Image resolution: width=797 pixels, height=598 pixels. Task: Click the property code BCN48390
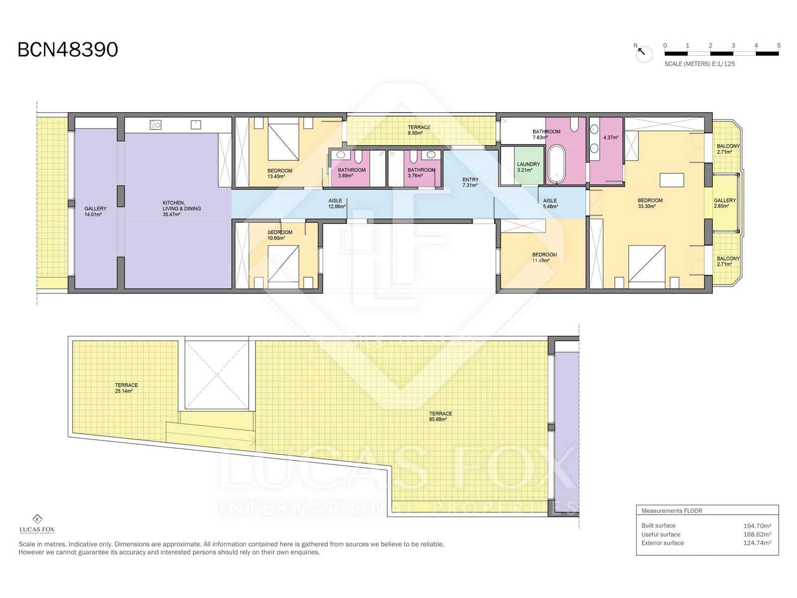click(x=68, y=50)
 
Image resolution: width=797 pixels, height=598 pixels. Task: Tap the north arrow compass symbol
click(x=644, y=52)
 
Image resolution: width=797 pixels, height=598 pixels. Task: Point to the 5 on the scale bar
click(x=779, y=45)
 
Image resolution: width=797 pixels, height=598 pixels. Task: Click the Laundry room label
click(x=528, y=167)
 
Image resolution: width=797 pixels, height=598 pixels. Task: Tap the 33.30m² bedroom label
click(x=650, y=203)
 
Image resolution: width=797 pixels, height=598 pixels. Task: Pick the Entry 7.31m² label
click(x=470, y=182)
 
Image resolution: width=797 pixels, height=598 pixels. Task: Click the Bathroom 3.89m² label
click(x=352, y=172)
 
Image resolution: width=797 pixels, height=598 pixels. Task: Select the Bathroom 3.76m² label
click(x=421, y=172)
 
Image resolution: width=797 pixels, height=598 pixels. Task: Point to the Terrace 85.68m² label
click(x=441, y=416)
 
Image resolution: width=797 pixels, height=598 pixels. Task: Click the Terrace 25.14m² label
click(x=127, y=388)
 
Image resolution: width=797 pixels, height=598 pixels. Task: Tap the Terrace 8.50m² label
click(x=419, y=130)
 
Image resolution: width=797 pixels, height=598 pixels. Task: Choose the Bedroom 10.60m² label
click(x=279, y=235)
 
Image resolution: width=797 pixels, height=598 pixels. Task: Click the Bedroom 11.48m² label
click(x=544, y=257)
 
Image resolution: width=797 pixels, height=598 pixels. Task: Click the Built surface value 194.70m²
click(x=757, y=526)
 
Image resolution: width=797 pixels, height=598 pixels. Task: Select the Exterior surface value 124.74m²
click(x=757, y=543)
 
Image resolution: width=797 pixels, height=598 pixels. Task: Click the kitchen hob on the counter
click(x=155, y=125)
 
